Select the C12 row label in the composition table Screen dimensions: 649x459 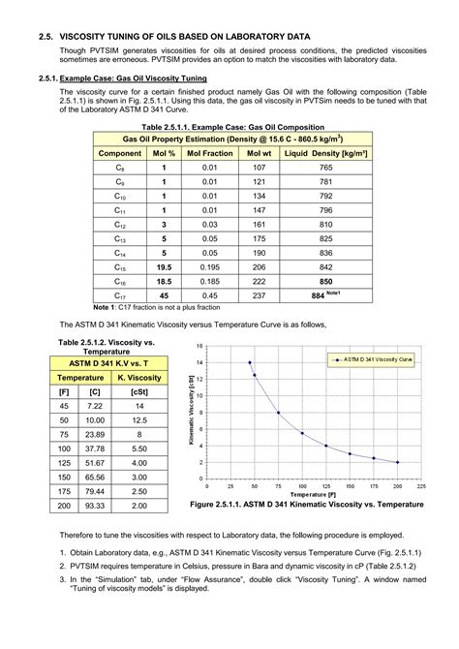click(120, 223)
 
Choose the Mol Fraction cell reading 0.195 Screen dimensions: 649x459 click(203, 266)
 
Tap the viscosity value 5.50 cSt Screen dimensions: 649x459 click(138, 448)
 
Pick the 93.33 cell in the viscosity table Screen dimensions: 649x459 click(95, 506)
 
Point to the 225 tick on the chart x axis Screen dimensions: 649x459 click(420, 486)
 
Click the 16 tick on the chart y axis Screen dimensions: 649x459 click(199, 346)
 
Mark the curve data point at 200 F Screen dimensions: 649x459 click(397, 462)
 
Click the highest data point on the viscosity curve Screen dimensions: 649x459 click(250, 362)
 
